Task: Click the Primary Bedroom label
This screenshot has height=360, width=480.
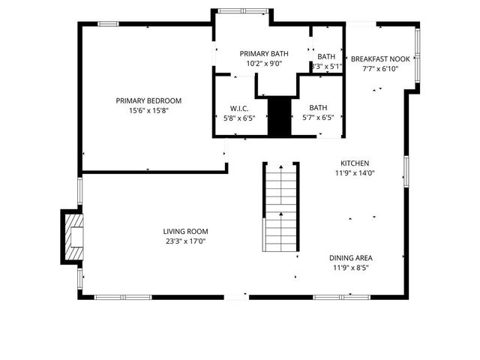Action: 148,100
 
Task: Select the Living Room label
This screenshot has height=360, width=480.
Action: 185,232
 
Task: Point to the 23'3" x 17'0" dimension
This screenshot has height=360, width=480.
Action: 185,242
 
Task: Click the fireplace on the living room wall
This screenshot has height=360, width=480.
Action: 73,236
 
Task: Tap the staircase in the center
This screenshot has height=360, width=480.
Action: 280,207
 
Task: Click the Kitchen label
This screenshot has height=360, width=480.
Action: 355,163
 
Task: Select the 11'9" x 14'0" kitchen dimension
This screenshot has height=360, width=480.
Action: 355,173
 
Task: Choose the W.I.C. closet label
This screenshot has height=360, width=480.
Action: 238,108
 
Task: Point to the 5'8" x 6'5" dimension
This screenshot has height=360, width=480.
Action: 238,118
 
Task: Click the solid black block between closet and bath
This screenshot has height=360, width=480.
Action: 279,116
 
